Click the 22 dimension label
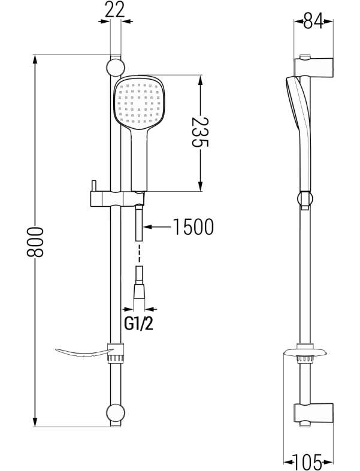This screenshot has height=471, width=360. (115, 10)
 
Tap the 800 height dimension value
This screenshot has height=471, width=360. (35, 242)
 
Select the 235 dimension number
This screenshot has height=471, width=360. (199, 132)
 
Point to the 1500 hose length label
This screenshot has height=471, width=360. (193, 227)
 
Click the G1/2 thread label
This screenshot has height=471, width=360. (139, 324)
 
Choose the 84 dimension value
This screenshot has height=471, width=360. (313, 20)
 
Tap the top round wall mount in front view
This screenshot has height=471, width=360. (115, 67)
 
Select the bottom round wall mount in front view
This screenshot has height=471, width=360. (115, 413)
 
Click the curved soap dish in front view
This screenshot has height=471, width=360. (85, 353)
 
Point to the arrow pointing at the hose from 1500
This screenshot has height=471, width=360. (157, 227)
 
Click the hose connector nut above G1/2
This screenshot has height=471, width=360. (140, 289)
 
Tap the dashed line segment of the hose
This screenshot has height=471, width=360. (140, 253)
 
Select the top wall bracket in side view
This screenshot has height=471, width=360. (313, 67)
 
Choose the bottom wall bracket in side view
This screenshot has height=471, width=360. (313, 414)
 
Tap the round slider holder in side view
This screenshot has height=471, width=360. (305, 199)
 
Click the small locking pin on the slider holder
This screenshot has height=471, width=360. (94, 185)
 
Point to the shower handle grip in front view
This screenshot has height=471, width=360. (140, 159)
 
